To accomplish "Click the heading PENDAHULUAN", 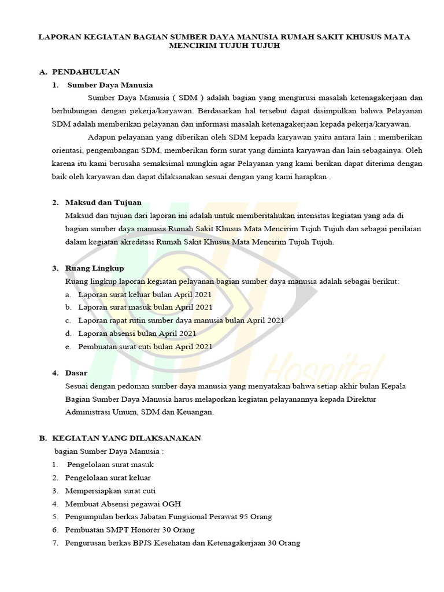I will [86, 72].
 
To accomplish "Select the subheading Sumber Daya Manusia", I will [110, 84].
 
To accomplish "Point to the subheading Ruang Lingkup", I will [95, 268].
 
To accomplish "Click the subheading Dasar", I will [76, 373].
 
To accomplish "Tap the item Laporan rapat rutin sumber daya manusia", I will [180, 320].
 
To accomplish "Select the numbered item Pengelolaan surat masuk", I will [110, 464].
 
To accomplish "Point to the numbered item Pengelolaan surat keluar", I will [108, 478].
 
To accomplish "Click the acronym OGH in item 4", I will [172, 504].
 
